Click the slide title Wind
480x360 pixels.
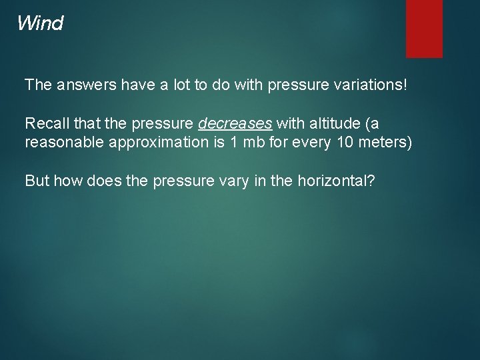coord(40,24)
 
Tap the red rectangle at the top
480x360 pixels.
coord(424,28)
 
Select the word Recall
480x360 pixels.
coord(43,123)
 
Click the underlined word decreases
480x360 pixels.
coord(235,123)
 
